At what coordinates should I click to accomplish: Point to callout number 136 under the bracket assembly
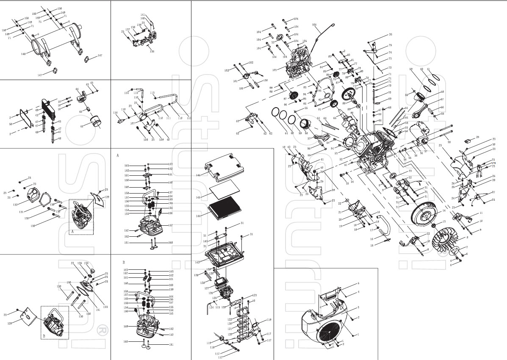[x=152, y=52]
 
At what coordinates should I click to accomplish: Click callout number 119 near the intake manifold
[x=269, y=319]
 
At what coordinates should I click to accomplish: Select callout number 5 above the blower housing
[x=358, y=283]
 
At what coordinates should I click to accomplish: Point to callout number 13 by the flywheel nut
[x=444, y=222]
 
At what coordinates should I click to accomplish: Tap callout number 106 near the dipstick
[x=314, y=25]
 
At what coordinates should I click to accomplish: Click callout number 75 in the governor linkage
[x=390, y=45]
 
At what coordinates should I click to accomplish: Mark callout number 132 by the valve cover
[x=15, y=205]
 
